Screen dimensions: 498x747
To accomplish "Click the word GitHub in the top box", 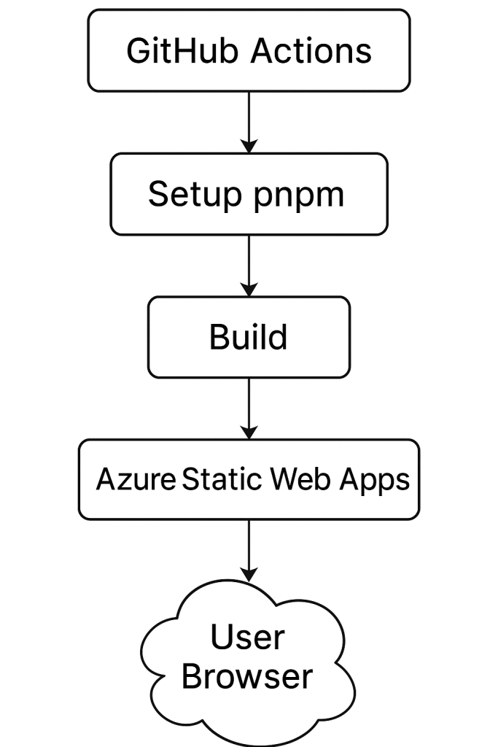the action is [182, 50].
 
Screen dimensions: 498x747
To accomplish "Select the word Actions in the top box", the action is [311, 50].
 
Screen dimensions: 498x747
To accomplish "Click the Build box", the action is [249, 337].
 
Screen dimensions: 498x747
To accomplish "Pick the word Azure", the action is [136, 479].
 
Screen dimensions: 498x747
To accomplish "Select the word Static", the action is [222, 479].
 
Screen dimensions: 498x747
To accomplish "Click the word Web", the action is [300, 479].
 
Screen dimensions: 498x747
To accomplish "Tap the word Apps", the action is [374, 480].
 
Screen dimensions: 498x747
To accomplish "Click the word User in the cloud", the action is [248, 636].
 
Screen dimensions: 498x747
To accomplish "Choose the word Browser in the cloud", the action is [247, 676].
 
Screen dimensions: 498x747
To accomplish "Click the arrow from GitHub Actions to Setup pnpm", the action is [249, 123].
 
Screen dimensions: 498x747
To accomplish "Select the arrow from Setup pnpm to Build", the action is [249, 266].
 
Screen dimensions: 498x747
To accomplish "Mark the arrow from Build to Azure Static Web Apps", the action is [249, 409].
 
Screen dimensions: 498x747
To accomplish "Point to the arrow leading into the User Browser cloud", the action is [249, 551].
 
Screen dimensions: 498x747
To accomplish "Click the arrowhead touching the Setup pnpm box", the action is [249, 146].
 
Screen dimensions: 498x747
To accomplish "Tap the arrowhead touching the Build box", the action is [249, 289].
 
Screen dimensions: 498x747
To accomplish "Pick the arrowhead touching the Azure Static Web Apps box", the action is [249, 432].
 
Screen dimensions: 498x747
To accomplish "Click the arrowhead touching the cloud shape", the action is [249, 575].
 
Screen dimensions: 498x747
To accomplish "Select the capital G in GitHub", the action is [138, 50].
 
